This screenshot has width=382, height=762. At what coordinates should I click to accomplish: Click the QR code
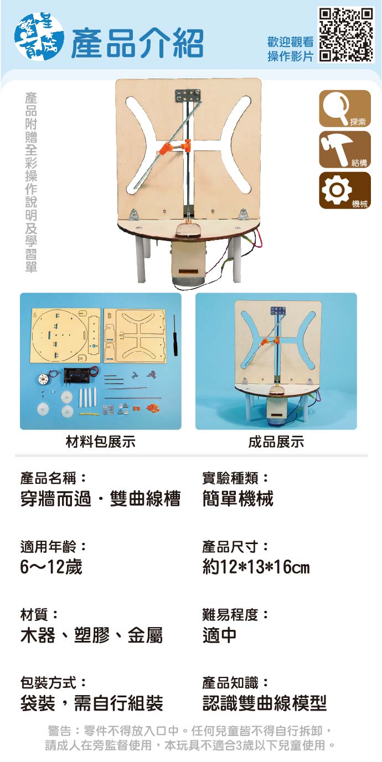pyautogui.click(x=346, y=35)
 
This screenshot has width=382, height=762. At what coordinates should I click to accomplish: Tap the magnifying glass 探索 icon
pyautogui.click(x=344, y=108)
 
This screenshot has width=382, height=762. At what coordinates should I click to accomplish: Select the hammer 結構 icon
pyautogui.click(x=344, y=149)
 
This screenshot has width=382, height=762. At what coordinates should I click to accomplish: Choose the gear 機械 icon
pyautogui.click(x=344, y=190)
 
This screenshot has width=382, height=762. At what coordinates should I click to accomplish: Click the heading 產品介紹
pyautogui.click(x=137, y=43)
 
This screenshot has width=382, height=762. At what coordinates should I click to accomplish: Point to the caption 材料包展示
pyautogui.click(x=101, y=442)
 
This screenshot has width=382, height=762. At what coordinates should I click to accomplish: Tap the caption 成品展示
pyautogui.click(x=276, y=442)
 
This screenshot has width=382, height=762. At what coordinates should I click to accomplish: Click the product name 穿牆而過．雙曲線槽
pyautogui.click(x=100, y=499)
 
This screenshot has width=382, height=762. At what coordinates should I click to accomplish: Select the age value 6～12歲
pyautogui.click(x=51, y=567)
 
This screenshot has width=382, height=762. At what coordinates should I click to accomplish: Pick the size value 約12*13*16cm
pyautogui.click(x=256, y=567)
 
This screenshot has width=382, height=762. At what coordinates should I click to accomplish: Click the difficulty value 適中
pyautogui.click(x=220, y=635)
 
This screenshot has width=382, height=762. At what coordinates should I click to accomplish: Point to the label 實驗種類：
pyautogui.click(x=235, y=478)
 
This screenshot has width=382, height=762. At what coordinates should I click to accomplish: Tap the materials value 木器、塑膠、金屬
pyautogui.click(x=91, y=635)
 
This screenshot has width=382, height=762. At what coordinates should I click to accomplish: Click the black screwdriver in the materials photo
pyautogui.click(x=175, y=336)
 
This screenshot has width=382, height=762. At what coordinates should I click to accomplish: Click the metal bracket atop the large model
pyautogui.click(x=188, y=96)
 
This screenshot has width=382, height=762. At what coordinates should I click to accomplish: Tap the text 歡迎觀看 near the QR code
pyautogui.click(x=291, y=42)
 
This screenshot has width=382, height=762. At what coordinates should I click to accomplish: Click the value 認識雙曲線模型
pyautogui.click(x=265, y=703)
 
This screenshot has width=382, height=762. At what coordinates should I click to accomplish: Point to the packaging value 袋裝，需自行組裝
pyautogui.click(x=91, y=703)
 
